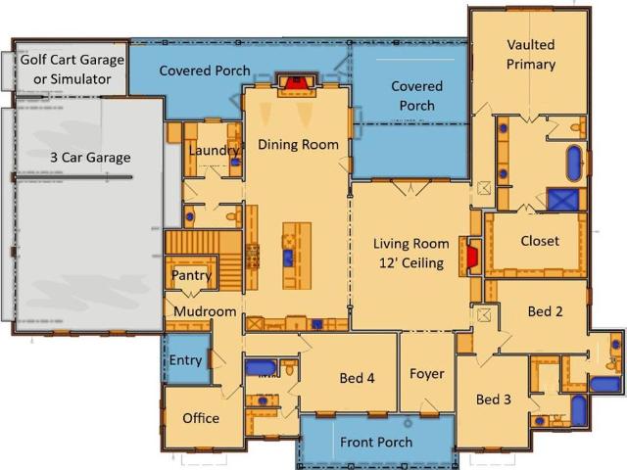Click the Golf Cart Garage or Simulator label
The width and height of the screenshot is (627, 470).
72,70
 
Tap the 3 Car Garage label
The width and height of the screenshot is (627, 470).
90,158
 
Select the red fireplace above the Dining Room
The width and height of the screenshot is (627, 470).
296,82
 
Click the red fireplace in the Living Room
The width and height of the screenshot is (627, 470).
472,257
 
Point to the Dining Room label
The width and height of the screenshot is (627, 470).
298,144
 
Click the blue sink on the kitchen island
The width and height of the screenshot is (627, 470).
288,258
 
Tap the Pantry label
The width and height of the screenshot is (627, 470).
191,276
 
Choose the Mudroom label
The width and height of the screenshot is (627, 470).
205,311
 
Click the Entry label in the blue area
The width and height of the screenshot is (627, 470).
185,360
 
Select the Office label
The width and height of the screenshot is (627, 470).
201,418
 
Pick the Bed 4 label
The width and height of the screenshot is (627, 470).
357,378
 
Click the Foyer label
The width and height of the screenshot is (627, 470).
427,374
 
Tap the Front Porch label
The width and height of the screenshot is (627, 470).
376,442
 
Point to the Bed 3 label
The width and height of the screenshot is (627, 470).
494,399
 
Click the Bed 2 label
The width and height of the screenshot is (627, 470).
545,311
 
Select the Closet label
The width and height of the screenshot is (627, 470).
540,241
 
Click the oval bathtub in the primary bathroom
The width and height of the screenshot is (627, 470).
574,164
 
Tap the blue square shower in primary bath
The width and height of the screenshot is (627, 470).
563,200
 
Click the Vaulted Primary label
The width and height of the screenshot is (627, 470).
531,55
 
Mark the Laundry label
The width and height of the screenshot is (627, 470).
216,151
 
